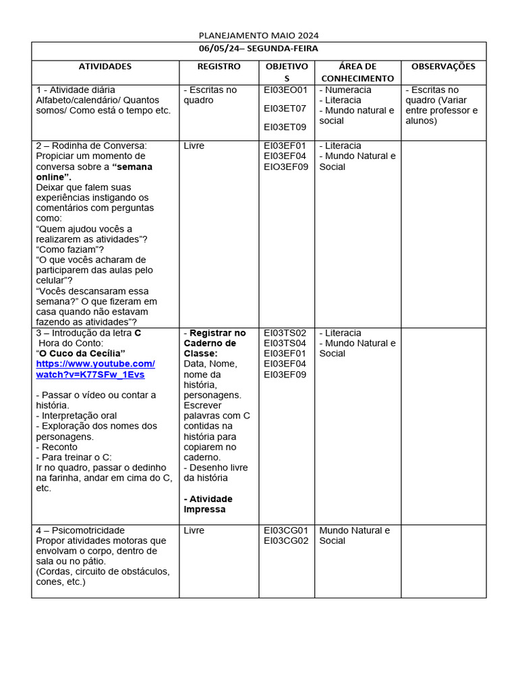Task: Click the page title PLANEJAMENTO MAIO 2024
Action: (259, 35)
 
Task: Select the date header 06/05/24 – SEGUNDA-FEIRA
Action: (259, 49)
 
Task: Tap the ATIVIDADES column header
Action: (105, 66)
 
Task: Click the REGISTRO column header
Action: (219, 66)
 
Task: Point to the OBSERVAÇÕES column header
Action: (443, 66)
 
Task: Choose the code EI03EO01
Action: (285, 90)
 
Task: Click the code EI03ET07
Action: (285, 108)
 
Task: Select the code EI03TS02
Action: (285, 333)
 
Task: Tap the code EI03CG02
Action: (285, 540)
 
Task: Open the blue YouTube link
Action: (95, 369)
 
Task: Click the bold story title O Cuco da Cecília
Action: (82, 353)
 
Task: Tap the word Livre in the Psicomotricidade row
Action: (194, 530)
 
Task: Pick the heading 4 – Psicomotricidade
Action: (80, 530)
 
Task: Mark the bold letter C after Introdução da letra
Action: (138, 333)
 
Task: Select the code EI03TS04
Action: (285, 343)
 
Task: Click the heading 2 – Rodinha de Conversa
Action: (91, 146)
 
